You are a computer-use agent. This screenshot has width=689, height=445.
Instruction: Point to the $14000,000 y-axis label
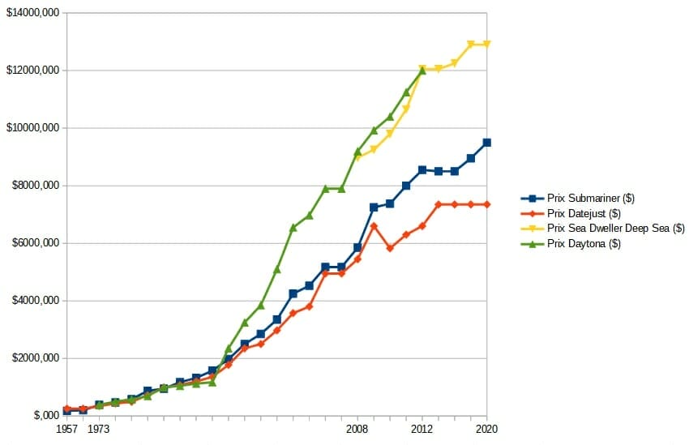pos(32,14)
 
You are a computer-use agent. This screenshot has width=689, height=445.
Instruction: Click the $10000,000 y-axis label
pos(32,129)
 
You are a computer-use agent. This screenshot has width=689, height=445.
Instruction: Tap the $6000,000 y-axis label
pos(33,244)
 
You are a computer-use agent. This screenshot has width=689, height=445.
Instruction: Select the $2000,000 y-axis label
pos(33,359)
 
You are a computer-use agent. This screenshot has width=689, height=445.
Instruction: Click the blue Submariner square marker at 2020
pos(486,143)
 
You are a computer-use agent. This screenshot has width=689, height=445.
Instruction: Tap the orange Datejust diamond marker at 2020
pos(486,204)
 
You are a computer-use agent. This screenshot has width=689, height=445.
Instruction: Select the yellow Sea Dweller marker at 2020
pos(486,44)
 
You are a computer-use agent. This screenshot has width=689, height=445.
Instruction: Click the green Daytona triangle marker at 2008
pos(357,152)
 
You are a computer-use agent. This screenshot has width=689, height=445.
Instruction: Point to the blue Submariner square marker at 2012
pos(422,169)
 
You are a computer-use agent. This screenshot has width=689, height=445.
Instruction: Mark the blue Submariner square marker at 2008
pos(357,247)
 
